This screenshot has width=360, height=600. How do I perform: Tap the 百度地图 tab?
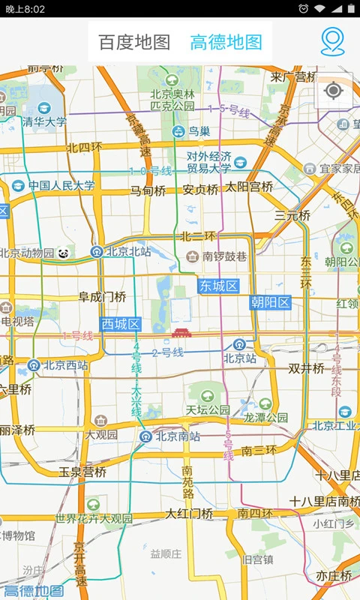coord(135,42)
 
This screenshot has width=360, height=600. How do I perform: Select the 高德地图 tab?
coord(226,42)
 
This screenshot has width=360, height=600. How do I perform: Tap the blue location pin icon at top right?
coord(332,42)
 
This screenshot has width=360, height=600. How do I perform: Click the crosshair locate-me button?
coord(334,91)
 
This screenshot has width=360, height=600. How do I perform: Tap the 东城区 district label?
coord(219,286)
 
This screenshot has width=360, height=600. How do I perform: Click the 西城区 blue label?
coord(121,324)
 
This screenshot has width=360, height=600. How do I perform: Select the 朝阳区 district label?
coord(270,302)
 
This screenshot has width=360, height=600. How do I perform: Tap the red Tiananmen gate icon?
coord(181,332)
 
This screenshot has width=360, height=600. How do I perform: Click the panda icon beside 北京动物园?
coord(64,253)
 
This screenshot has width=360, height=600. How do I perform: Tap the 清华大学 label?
coord(44,121)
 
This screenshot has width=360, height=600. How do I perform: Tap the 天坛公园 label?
coord(208,410)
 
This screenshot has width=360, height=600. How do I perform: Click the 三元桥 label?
coord(292,215)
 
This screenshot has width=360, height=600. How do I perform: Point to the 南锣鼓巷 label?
coord(224,256)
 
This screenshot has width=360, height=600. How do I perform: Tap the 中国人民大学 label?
coord(62,185)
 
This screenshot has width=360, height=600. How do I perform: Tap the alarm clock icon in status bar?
coord(303,8)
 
